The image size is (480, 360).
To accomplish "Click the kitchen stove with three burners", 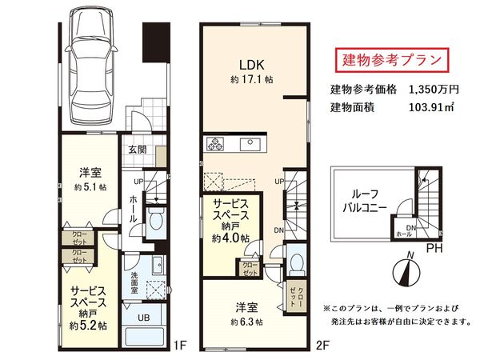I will [x=218, y=145].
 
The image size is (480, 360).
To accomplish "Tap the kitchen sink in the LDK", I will [x=249, y=145].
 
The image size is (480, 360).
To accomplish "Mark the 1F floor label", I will [x=180, y=346].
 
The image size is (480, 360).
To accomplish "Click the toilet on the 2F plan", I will [x=296, y=262].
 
